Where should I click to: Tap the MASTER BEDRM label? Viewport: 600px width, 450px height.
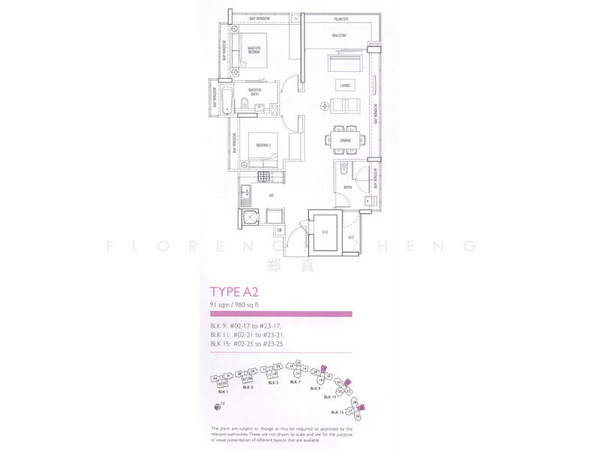click(259, 50)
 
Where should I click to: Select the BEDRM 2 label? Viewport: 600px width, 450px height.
click(262, 144)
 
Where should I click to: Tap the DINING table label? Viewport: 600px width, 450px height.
click(345, 140)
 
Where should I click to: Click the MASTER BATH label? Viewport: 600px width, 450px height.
click(265, 93)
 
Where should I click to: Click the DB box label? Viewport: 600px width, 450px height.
click(279, 229)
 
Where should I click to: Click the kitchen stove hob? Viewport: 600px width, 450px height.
click(264, 177)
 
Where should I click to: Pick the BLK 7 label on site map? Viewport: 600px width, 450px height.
click(295, 382)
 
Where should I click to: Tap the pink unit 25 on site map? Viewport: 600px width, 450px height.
click(361, 408)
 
